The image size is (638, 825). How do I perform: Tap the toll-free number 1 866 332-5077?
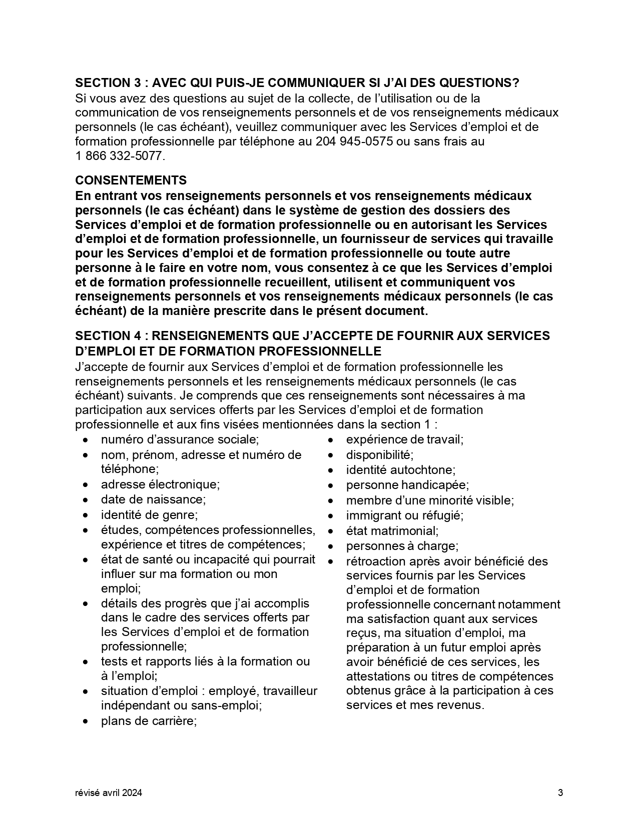click(119, 156)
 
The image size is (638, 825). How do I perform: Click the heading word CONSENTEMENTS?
click(131, 180)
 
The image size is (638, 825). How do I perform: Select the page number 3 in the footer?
click(560, 792)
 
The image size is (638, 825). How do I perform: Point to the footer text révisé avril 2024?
click(109, 792)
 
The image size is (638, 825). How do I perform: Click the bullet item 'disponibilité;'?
click(379, 455)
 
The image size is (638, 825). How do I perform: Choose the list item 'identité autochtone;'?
click(400, 470)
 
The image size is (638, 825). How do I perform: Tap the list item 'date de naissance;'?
click(153, 499)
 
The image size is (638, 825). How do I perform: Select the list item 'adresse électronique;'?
click(160, 484)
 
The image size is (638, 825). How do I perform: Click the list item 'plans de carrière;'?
click(149, 721)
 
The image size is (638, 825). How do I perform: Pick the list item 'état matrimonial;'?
click(392, 530)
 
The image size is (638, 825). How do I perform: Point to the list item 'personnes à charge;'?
click(402, 546)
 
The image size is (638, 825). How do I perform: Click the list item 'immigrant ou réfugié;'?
click(404, 515)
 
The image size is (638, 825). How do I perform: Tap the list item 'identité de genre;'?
click(149, 514)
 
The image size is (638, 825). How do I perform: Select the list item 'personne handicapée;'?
click(407, 485)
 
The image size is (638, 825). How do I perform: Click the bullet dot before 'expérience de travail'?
click(331, 440)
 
